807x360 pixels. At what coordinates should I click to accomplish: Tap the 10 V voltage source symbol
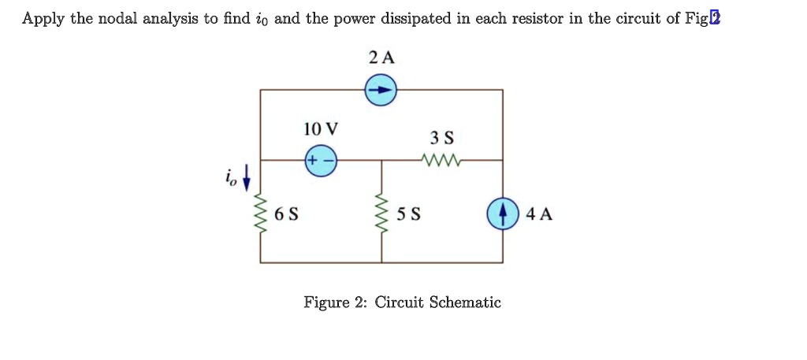pyautogui.click(x=321, y=159)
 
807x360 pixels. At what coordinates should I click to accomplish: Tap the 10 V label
pyautogui.click(x=321, y=128)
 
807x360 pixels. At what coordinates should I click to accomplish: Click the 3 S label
pyautogui.click(x=442, y=138)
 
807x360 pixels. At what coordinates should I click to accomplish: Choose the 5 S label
pyautogui.click(x=408, y=214)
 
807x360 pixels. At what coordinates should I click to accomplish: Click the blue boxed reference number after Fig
pyautogui.click(x=714, y=18)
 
